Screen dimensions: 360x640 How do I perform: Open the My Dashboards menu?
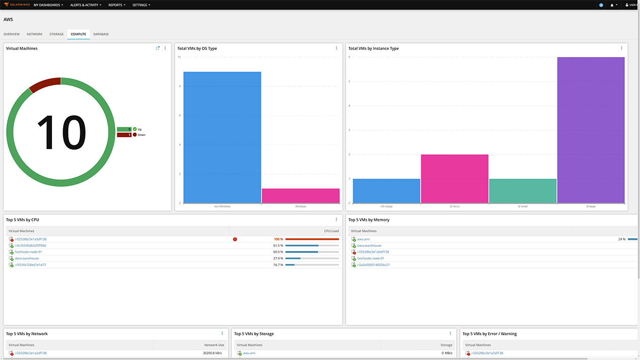click(48, 5)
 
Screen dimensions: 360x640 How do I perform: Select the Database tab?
click(101, 34)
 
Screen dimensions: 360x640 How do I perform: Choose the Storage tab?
click(57, 34)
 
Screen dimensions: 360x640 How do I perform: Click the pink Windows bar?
click(301, 196)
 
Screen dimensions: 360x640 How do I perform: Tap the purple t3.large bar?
click(590, 130)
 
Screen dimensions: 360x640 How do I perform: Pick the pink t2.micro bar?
click(455, 179)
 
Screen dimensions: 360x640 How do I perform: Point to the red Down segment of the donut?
click(44, 85)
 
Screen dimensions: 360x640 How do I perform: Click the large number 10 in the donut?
click(62, 133)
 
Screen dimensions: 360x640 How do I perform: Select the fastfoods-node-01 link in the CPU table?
click(28, 252)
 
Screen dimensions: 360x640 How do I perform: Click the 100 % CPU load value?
click(278, 239)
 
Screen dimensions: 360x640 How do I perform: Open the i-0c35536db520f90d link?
click(30, 245)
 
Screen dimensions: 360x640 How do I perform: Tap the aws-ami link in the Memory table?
click(363, 239)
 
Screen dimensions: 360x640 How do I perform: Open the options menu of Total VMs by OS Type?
click(336, 48)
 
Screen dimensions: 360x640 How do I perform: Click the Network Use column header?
click(214, 345)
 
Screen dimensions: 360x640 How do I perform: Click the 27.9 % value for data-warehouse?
click(278, 259)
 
